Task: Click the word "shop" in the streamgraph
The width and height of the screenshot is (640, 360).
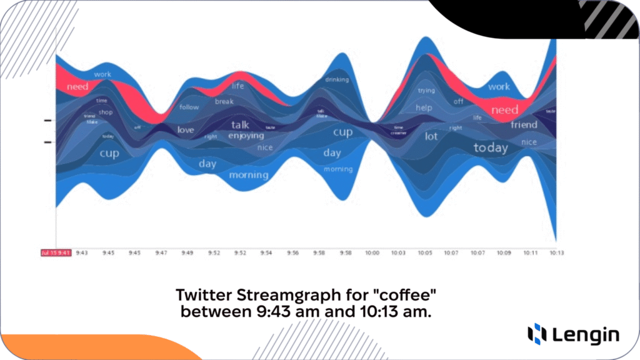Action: click(106, 112)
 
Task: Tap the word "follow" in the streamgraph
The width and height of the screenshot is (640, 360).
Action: click(189, 107)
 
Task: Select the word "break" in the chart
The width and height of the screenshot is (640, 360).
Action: click(224, 101)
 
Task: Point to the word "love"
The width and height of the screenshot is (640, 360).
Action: click(186, 130)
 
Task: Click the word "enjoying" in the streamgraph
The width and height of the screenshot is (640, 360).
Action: click(246, 136)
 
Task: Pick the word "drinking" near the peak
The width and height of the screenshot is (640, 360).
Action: click(337, 79)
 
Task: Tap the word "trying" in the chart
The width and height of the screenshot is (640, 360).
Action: click(426, 91)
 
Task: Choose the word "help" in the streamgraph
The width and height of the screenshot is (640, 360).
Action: click(424, 107)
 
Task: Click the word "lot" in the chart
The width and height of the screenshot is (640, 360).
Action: click(431, 136)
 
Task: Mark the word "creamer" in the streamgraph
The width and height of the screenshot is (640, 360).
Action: click(399, 133)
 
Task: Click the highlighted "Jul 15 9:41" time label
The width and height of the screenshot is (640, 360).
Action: click(56, 252)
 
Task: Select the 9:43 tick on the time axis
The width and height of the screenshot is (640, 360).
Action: click(82, 252)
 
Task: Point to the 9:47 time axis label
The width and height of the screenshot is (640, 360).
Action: click(161, 252)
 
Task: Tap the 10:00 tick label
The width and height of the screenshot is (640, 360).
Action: click(372, 252)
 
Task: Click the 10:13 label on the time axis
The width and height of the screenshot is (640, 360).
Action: click(556, 252)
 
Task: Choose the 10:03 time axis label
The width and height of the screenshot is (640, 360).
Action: click(399, 252)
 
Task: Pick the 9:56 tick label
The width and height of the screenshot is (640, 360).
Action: click(293, 252)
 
